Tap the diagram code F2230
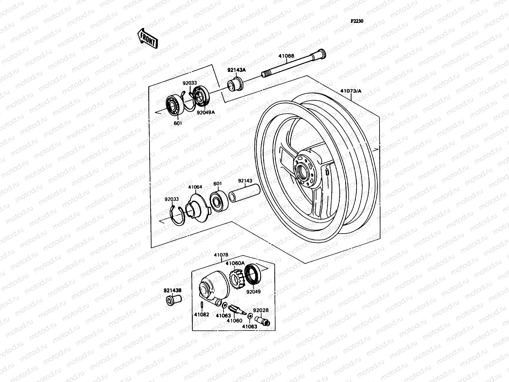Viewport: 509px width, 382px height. pyautogui.click(x=357, y=21)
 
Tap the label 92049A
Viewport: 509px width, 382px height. pyautogui.click(x=206, y=112)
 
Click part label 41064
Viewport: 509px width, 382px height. pyautogui.click(x=195, y=187)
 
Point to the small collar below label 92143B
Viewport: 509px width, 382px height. pyautogui.click(x=173, y=300)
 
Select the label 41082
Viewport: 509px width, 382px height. pyautogui.click(x=202, y=315)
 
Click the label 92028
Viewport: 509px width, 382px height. pyautogui.click(x=261, y=310)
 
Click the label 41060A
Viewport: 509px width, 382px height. pyautogui.click(x=235, y=263)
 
